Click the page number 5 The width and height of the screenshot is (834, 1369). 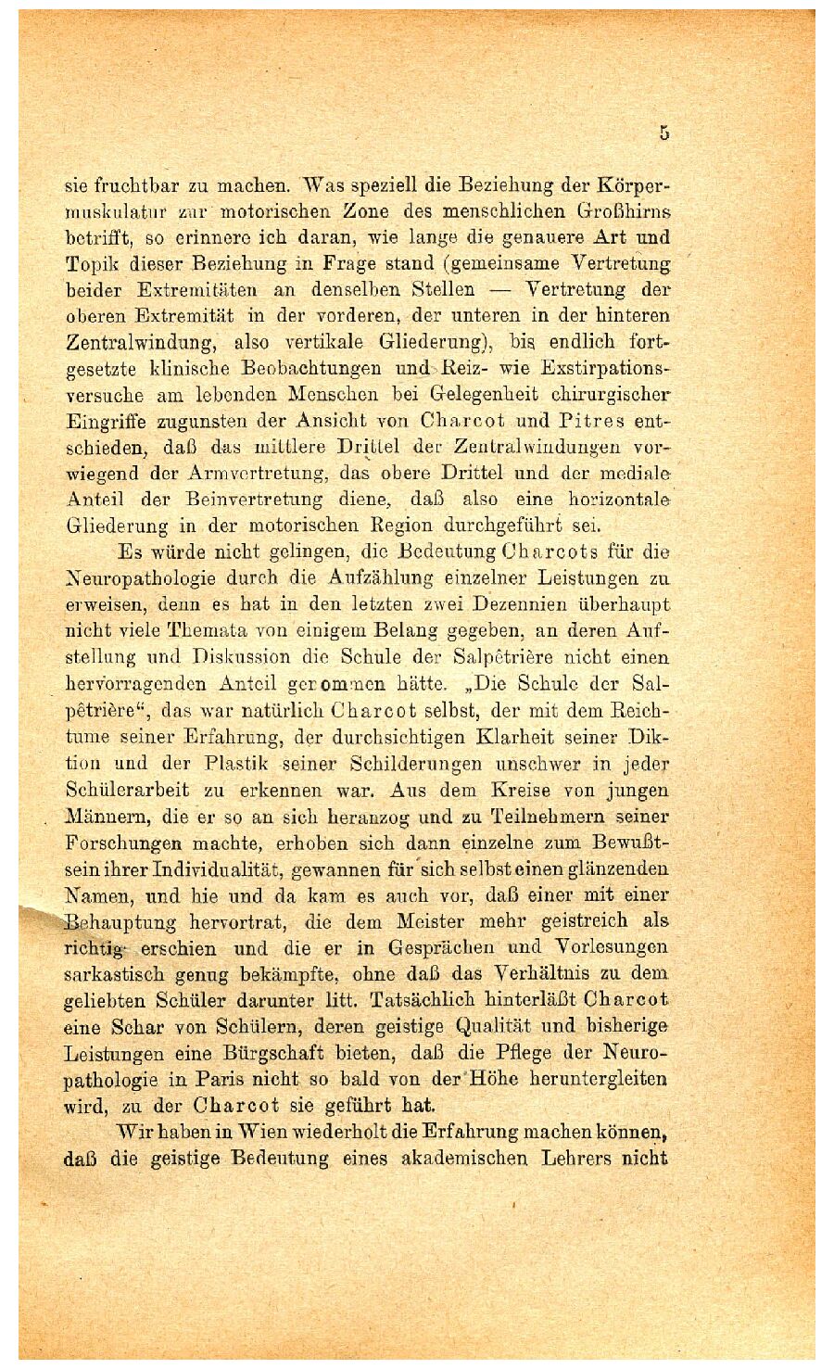tap(664, 133)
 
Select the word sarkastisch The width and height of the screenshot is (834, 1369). tap(117, 974)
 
